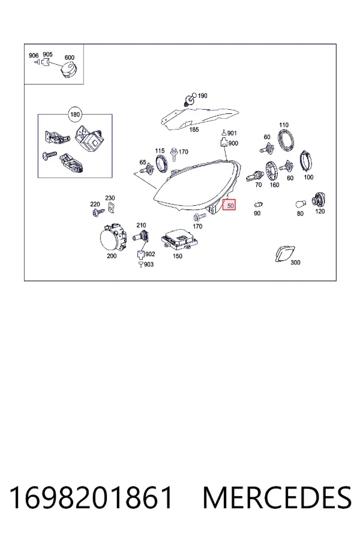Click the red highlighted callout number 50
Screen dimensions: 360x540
[x=229, y=206]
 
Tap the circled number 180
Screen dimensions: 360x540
[x=75, y=115]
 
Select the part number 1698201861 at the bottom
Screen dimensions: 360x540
[x=91, y=497]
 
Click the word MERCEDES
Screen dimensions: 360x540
[x=277, y=497]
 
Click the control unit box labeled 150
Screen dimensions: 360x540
[x=179, y=239]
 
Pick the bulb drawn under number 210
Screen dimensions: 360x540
[x=140, y=237]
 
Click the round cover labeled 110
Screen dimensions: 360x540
[x=287, y=140]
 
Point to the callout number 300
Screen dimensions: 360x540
[x=295, y=262]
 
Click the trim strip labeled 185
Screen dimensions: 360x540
[x=199, y=118]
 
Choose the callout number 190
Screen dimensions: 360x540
[x=202, y=96]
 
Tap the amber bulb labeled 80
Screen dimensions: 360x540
[x=301, y=204]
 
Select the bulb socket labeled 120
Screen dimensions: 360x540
[x=319, y=200]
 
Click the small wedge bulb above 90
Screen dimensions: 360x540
[x=259, y=205]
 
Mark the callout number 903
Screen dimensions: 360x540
[x=148, y=265]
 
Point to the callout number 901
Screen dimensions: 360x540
[x=232, y=133]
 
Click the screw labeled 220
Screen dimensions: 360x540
[x=98, y=212]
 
